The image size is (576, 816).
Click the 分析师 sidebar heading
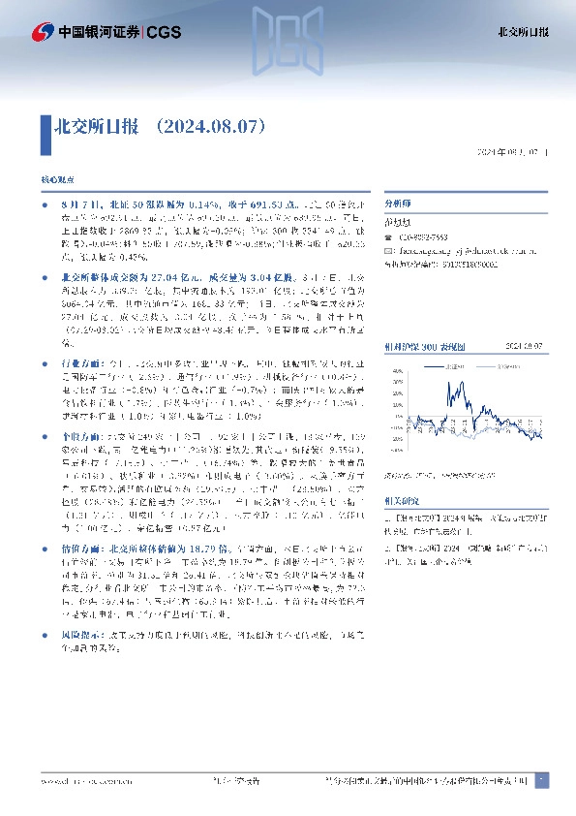coord(399,205)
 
